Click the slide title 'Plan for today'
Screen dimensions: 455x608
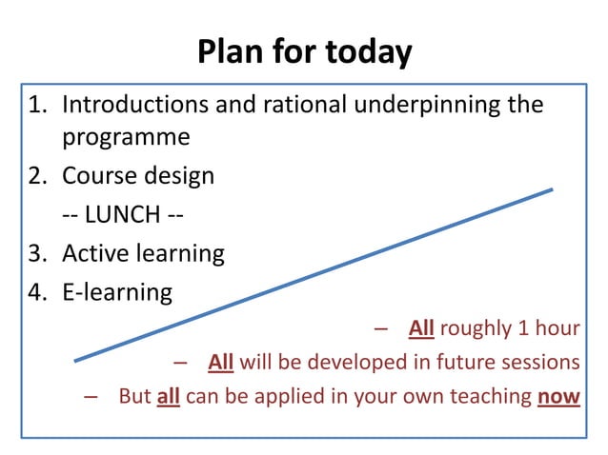[304, 51]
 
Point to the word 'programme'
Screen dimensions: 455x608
[126, 138]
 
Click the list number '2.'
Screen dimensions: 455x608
[40, 176]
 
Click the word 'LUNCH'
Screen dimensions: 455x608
[122, 215]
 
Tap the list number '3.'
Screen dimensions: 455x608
[40, 253]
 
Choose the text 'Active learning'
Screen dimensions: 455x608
[143, 254]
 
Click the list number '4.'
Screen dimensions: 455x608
[40, 291]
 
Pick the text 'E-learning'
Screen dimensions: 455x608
[117, 292]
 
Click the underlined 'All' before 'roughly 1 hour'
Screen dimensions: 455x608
[421, 328]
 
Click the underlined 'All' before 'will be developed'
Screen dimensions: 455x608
[220, 362]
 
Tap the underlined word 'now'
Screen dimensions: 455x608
[558, 395]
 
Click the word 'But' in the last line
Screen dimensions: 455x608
[134, 395]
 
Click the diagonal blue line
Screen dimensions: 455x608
[314, 274]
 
